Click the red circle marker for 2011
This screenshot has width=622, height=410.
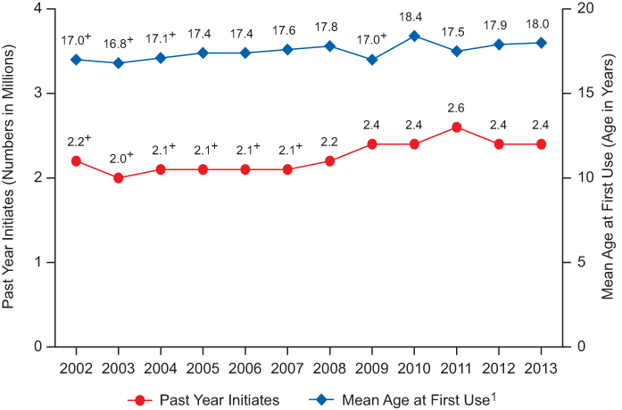pos(457,127)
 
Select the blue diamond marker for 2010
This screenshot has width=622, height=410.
pos(414,36)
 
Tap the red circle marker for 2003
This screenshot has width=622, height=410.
pos(118,178)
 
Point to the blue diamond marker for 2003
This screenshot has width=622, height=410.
pos(118,63)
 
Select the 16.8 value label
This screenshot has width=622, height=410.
pos(115,43)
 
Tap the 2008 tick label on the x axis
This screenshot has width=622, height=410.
pos(329,368)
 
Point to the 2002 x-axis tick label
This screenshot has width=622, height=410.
pos(76,368)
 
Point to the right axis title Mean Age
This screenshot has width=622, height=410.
pos(609,178)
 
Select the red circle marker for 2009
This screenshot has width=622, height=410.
pos(372,144)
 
